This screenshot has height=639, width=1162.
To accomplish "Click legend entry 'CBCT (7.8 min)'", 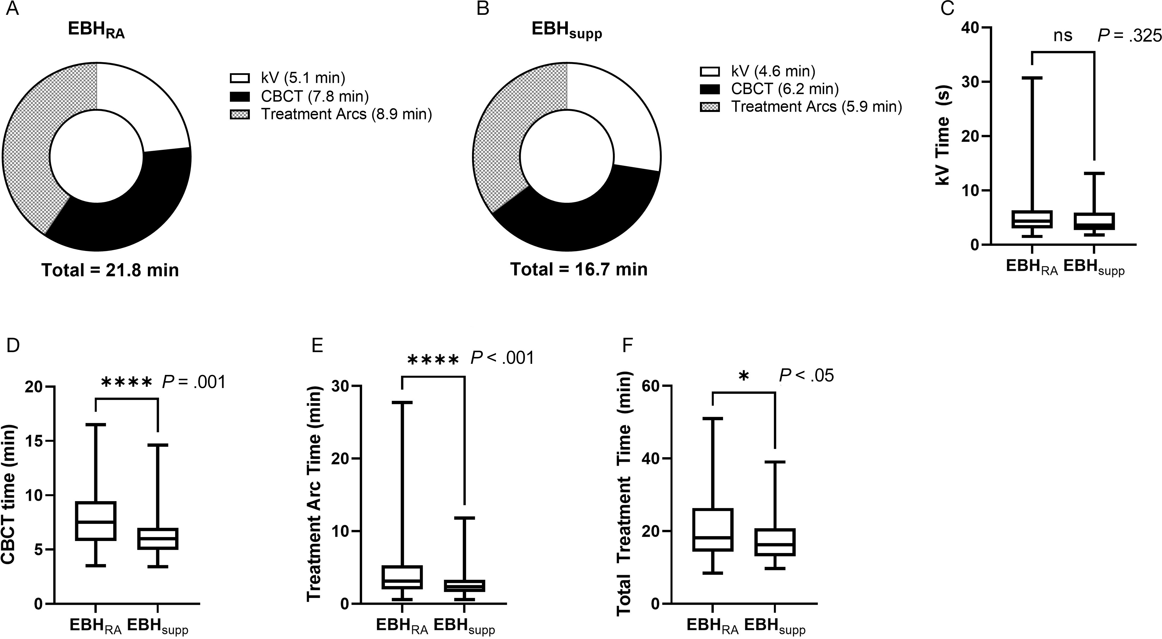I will coord(315,96).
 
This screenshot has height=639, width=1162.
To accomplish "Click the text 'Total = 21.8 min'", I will coord(110,270).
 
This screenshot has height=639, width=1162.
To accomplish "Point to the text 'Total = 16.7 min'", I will coord(579,269).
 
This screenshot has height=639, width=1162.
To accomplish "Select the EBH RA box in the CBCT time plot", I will coord(96,520).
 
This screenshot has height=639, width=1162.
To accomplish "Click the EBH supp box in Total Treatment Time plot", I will coord(775,542).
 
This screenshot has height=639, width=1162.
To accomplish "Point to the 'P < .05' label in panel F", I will coord(806,375).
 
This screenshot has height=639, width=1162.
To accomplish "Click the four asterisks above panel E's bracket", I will coord(433,360).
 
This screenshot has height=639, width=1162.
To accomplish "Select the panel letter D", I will coord(13,346).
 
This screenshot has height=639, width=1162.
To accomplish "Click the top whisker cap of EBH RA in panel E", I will coord(401,402).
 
